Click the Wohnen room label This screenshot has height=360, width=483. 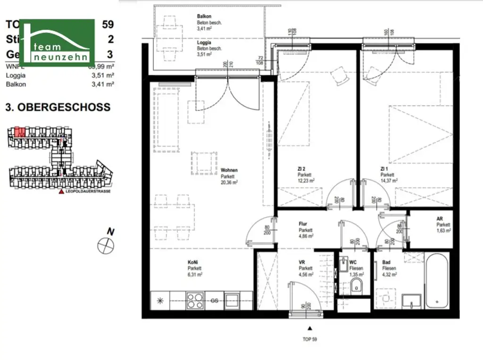(x=229, y=170)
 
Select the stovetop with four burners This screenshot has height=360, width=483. (x=195, y=300)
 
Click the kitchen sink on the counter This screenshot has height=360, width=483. (x=232, y=300)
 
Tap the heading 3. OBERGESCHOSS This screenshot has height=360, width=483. (x=58, y=107)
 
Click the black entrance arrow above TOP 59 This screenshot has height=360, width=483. (x=309, y=328)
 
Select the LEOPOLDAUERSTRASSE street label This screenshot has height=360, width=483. (x=87, y=192)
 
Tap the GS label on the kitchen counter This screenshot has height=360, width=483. (x=214, y=300)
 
